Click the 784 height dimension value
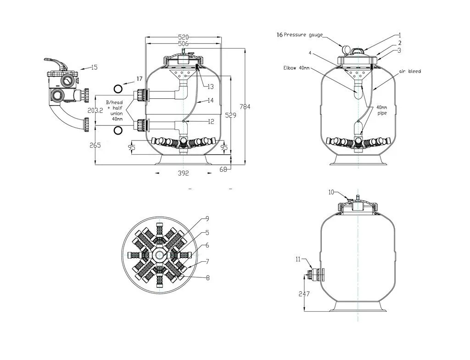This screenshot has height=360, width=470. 246,107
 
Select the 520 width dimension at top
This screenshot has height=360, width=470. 183,37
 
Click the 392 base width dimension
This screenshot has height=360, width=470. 183,173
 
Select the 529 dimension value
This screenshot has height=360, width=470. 231,116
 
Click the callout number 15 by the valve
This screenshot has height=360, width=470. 94,67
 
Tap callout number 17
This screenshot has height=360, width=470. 139,79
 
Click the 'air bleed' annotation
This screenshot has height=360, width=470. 410,71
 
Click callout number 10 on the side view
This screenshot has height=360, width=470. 331,192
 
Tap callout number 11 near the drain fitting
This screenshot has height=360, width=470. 298,259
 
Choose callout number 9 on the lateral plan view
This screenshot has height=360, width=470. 207,218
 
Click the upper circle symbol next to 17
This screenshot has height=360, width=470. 118,88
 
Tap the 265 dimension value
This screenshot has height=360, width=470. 95,146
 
